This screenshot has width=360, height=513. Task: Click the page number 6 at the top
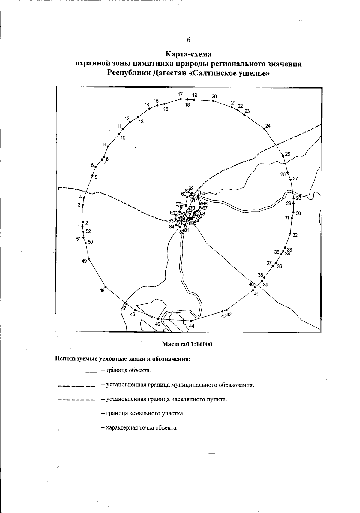click(189, 40)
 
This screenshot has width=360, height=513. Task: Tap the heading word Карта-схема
click(189, 54)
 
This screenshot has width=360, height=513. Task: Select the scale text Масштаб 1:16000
click(187, 344)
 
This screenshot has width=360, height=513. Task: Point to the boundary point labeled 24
click(268, 125)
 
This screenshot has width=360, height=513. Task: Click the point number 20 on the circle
click(214, 96)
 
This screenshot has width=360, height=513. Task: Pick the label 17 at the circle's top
click(180, 94)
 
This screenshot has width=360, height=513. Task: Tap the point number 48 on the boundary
click(102, 291)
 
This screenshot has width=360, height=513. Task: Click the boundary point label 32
click(295, 235)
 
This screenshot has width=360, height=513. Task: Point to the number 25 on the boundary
click(288, 154)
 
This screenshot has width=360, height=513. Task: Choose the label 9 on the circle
click(105, 145)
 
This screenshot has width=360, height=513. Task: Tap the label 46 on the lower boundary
click(133, 314)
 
